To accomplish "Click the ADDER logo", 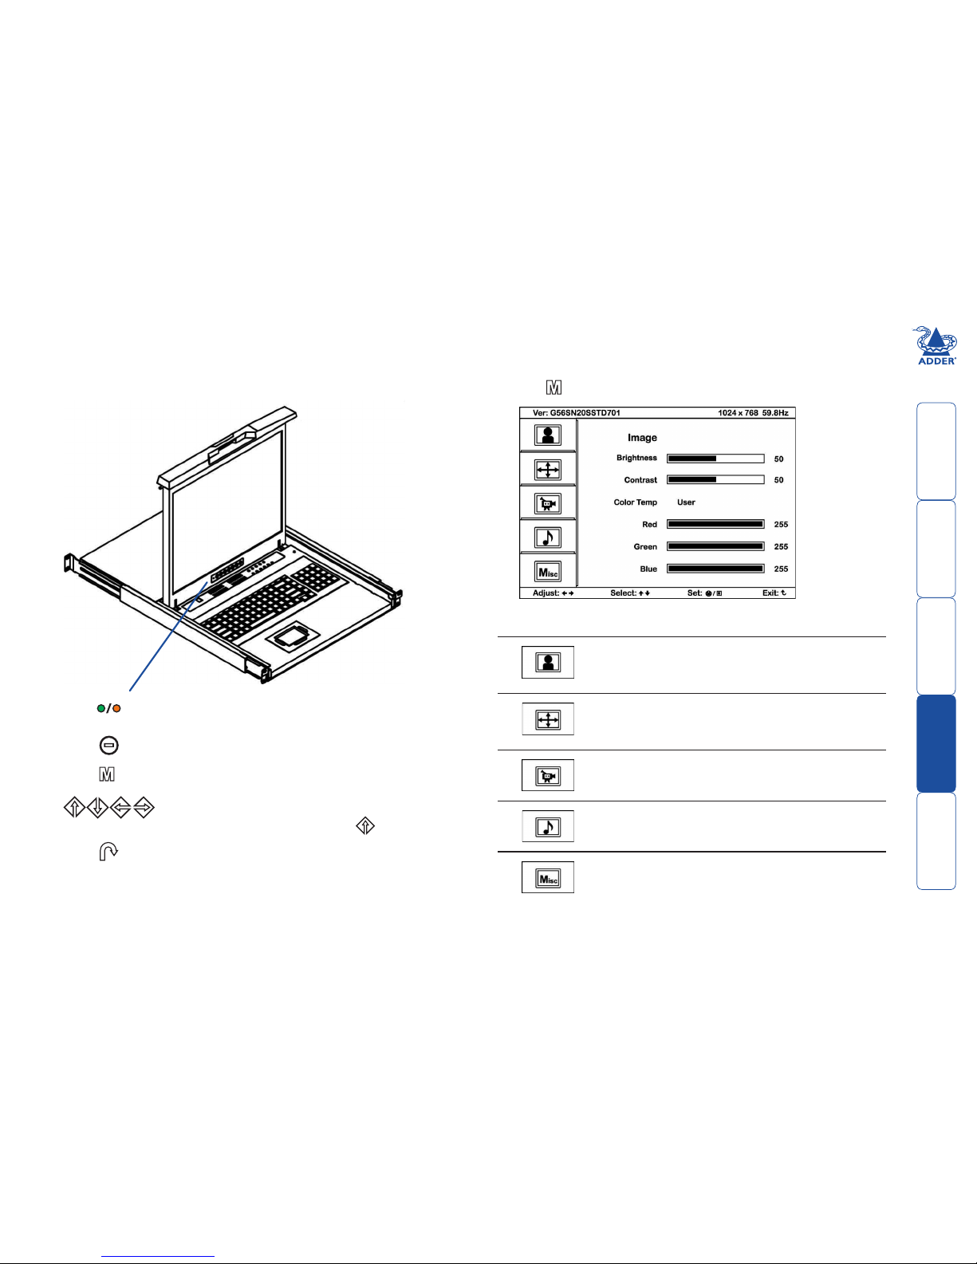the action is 936,345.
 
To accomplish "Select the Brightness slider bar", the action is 715,459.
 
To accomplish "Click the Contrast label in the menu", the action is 640,480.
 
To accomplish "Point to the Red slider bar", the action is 715,524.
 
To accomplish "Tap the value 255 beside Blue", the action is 781,569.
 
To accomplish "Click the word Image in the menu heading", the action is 642,438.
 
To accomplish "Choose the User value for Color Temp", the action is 686,502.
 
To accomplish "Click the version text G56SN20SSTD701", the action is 585,413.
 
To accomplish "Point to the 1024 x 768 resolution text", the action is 738,413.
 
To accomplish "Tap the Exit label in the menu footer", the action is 770,593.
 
